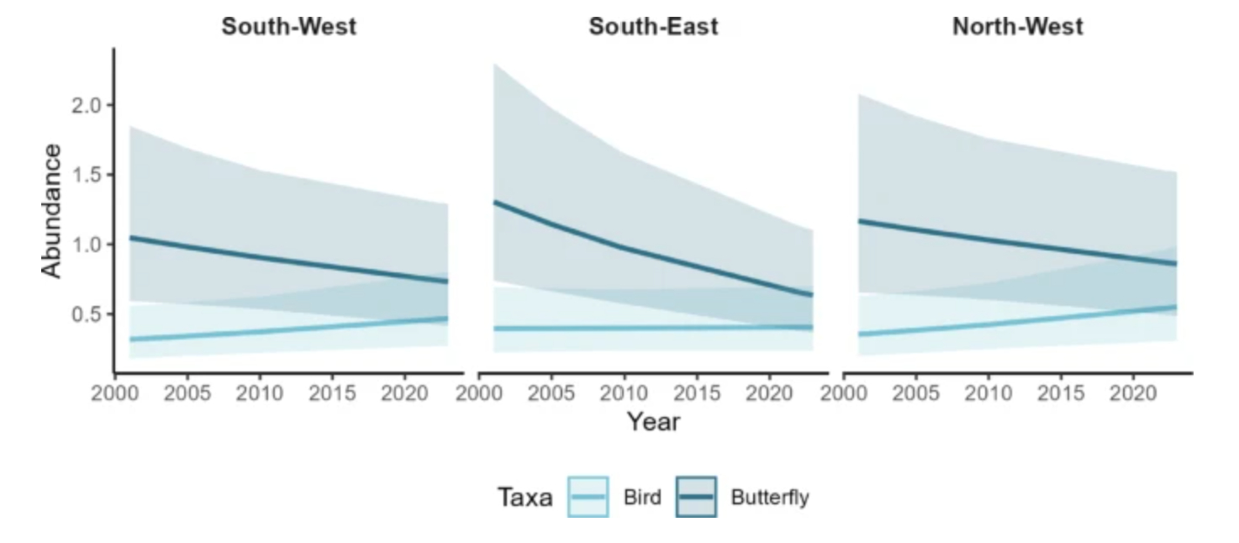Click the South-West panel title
click(288, 26)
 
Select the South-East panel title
click(653, 26)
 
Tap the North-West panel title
click(1017, 26)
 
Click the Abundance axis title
click(52, 210)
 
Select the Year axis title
click(653, 421)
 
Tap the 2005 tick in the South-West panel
click(187, 393)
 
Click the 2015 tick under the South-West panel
click(332, 393)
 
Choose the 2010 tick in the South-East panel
click(624, 393)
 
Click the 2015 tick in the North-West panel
click(1061, 393)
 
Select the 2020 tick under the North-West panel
click(1132, 393)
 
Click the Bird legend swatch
click(588, 497)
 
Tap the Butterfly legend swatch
click(696, 497)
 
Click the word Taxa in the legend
click(525, 498)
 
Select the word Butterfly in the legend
click(770, 498)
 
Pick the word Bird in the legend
click(642, 498)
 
